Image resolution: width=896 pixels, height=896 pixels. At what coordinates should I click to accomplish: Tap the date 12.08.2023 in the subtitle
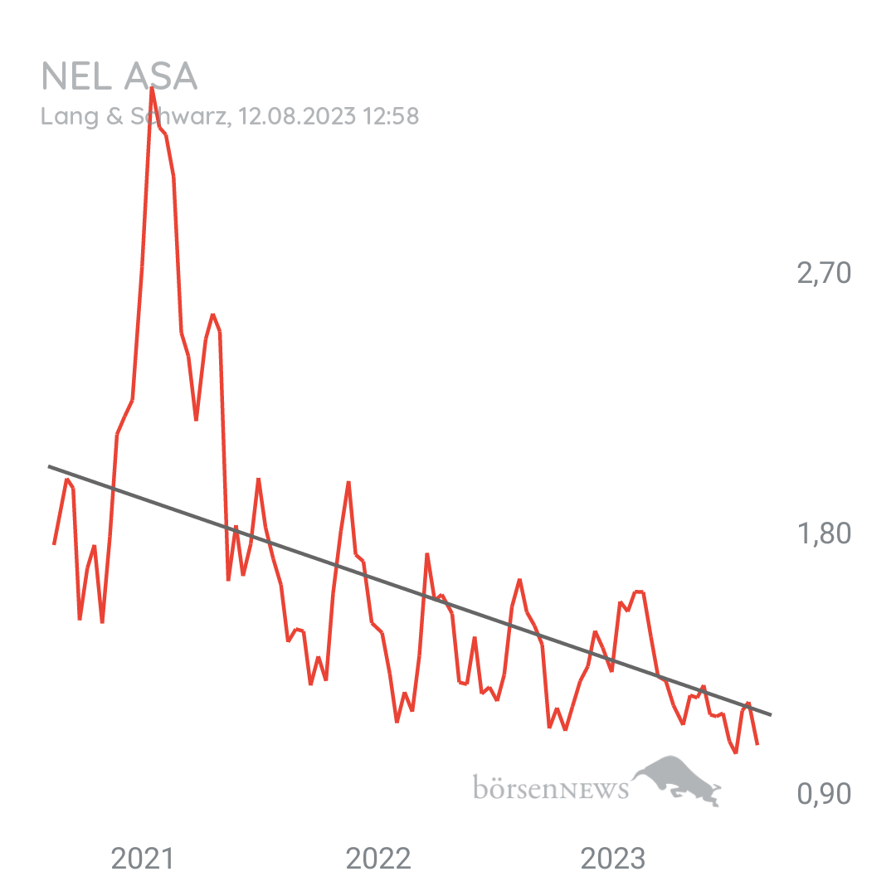[x=296, y=117]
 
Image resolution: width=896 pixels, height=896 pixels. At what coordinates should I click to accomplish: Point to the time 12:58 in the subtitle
[x=390, y=117]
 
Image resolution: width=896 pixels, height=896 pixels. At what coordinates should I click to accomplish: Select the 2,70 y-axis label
[x=824, y=273]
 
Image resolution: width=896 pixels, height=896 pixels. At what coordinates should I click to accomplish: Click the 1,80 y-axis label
[x=824, y=533]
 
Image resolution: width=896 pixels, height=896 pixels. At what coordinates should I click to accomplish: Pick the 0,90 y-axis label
[x=824, y=794]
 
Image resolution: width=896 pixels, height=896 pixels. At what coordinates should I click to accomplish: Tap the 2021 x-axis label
[x=143, y=859]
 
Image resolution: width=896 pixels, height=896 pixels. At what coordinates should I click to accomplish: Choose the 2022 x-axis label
[x=378, y=859]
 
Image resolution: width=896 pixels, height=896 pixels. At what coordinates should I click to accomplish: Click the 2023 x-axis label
[x=613, y=859]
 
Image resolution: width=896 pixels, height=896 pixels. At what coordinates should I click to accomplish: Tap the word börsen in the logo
[x=515, y=786]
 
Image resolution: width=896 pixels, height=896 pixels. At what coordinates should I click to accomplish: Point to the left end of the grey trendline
[x=49, y=466]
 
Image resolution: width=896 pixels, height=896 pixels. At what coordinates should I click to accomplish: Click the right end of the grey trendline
[x=772, y=714]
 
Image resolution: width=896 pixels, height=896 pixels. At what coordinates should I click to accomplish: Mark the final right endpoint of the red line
[x=757, y=745]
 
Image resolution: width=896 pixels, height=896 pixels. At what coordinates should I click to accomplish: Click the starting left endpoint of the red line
[x=53, y=545]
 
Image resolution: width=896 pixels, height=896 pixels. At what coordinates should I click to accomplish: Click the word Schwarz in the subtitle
[x=187, y=117]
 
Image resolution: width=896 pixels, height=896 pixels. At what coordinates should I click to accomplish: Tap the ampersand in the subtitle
[x=114, y=117]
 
